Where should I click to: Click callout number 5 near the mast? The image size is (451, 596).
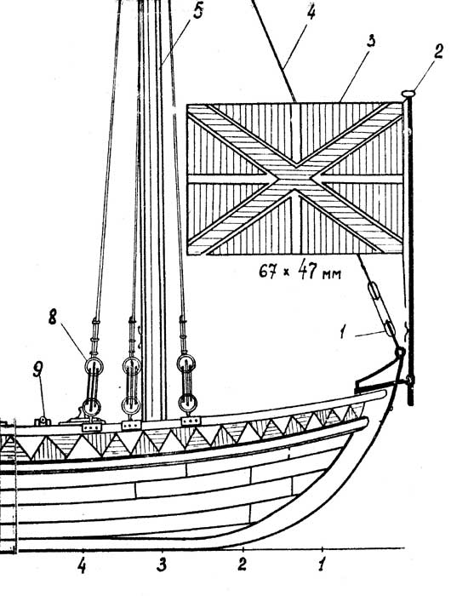[198, 10]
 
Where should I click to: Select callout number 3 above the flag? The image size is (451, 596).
[371, 41]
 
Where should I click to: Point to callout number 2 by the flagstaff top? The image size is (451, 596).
[438, 52]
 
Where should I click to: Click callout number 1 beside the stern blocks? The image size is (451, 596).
[343, 333]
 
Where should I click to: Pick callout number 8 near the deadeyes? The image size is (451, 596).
[53, 317]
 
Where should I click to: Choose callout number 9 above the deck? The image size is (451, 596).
[37, 369]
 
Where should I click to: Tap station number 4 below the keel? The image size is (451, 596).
[82, 566]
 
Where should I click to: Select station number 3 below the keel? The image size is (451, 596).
[162, 565]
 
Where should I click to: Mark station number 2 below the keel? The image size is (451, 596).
[242, 564]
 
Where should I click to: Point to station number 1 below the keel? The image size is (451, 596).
[322, 564]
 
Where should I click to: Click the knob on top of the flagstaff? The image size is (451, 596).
[408, 93]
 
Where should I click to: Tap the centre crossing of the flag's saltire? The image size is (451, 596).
[295, 177]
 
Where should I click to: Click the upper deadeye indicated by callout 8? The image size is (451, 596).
[94, 366]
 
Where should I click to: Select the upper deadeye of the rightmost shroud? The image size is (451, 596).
[186, 364]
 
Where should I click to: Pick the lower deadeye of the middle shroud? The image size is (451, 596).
[130, 406]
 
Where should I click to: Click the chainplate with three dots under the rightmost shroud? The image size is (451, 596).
[191, 421]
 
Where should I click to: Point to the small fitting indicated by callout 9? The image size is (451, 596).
[43, 421]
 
